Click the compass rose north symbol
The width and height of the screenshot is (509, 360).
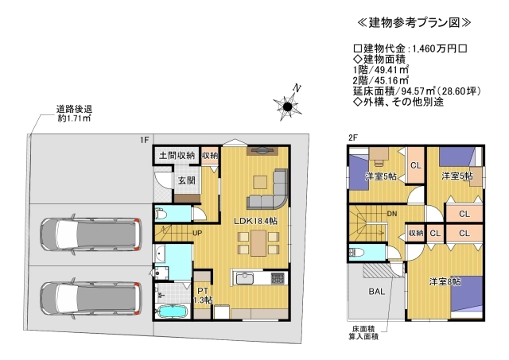point(287,105)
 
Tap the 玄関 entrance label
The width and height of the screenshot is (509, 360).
point(187,180)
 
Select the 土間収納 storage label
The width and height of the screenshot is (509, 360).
point(177,155)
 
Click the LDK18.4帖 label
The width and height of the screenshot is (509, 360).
point(256,221)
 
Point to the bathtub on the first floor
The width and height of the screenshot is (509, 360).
point(172,312)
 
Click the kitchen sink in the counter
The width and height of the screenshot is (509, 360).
point(245,278)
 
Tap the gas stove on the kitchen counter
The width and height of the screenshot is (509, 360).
point(278,278)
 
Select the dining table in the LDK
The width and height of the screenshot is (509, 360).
point(258,242)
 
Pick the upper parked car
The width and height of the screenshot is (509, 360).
point(90,234)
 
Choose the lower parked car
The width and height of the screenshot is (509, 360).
point(90,298)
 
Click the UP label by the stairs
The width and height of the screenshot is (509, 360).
point(197,233)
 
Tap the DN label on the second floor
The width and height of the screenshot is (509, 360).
point(392,214)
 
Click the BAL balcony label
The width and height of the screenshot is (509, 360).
point(376,291)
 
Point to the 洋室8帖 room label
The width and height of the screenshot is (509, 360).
point(445,282)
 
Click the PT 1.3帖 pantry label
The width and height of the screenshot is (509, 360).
point(203,296)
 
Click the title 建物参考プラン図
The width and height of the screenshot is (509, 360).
point(414,23)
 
